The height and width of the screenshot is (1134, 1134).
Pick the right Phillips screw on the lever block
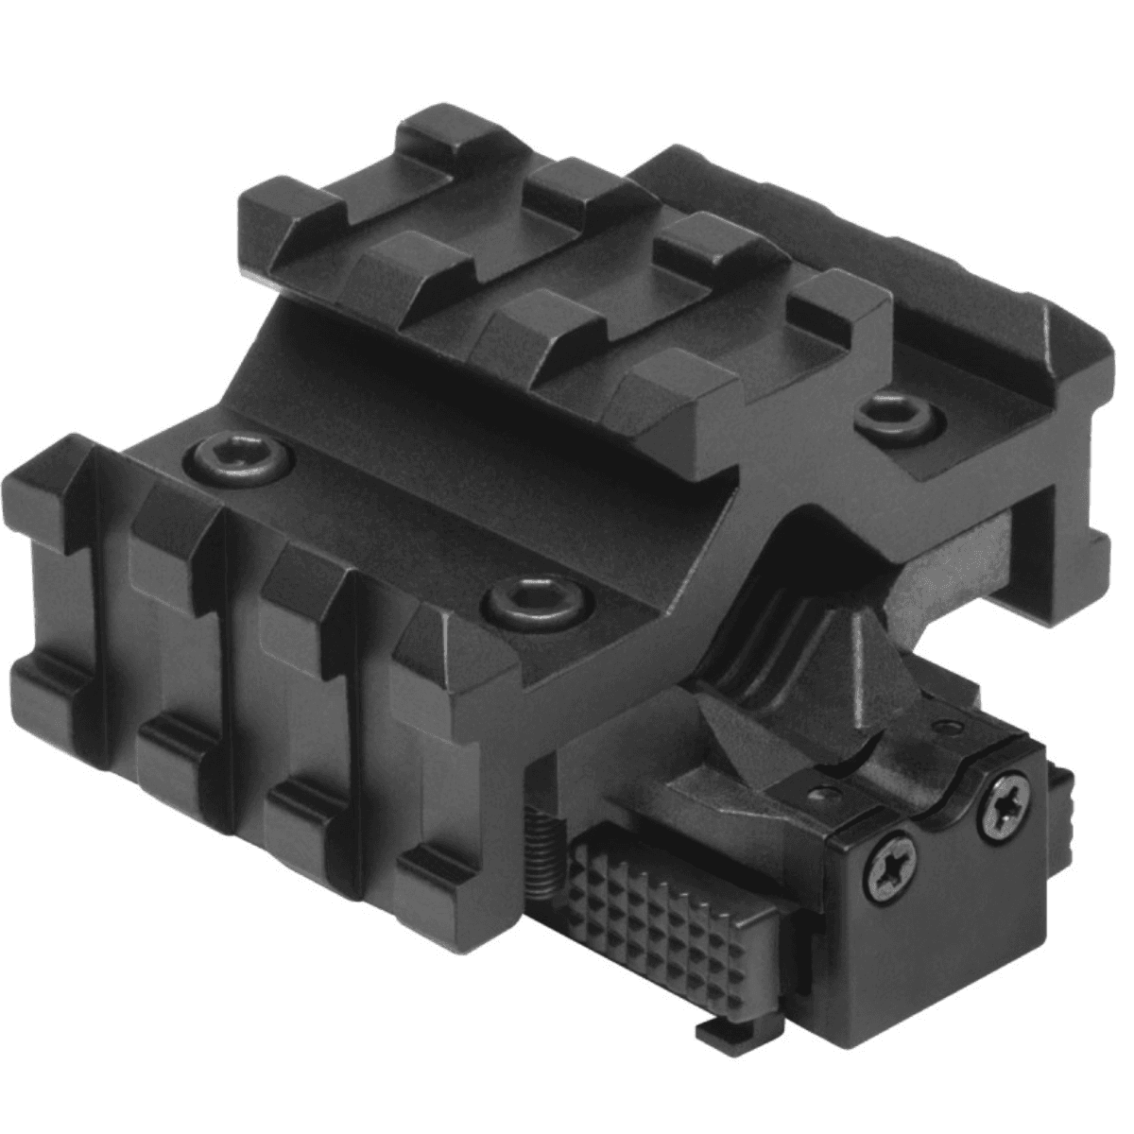pyautogui.click(x=1004, y=806)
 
